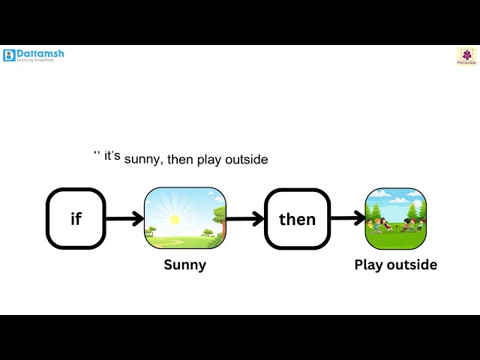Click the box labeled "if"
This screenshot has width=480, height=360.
tap(76, 219)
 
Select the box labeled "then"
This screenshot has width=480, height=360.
tap(297, 219)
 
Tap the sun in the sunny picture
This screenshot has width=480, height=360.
tap(175, 220)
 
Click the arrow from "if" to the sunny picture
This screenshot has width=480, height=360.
tap(124, 219)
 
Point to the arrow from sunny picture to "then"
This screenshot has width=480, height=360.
tap(244, 219)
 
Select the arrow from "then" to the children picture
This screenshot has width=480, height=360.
tap(347, 219)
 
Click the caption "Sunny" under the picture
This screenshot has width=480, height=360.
tap(184, 265)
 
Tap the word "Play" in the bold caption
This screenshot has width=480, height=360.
tap(369, 265)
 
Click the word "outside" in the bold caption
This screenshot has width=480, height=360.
tap(412, 265)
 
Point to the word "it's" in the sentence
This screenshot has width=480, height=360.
tap(112, 157)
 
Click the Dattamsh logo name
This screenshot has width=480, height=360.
tap(40, 53)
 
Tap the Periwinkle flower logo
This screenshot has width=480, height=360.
tap(466, 55)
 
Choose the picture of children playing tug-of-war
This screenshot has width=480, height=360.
tap(395, 219)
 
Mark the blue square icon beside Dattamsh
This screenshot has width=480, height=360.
tap(9, 55)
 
